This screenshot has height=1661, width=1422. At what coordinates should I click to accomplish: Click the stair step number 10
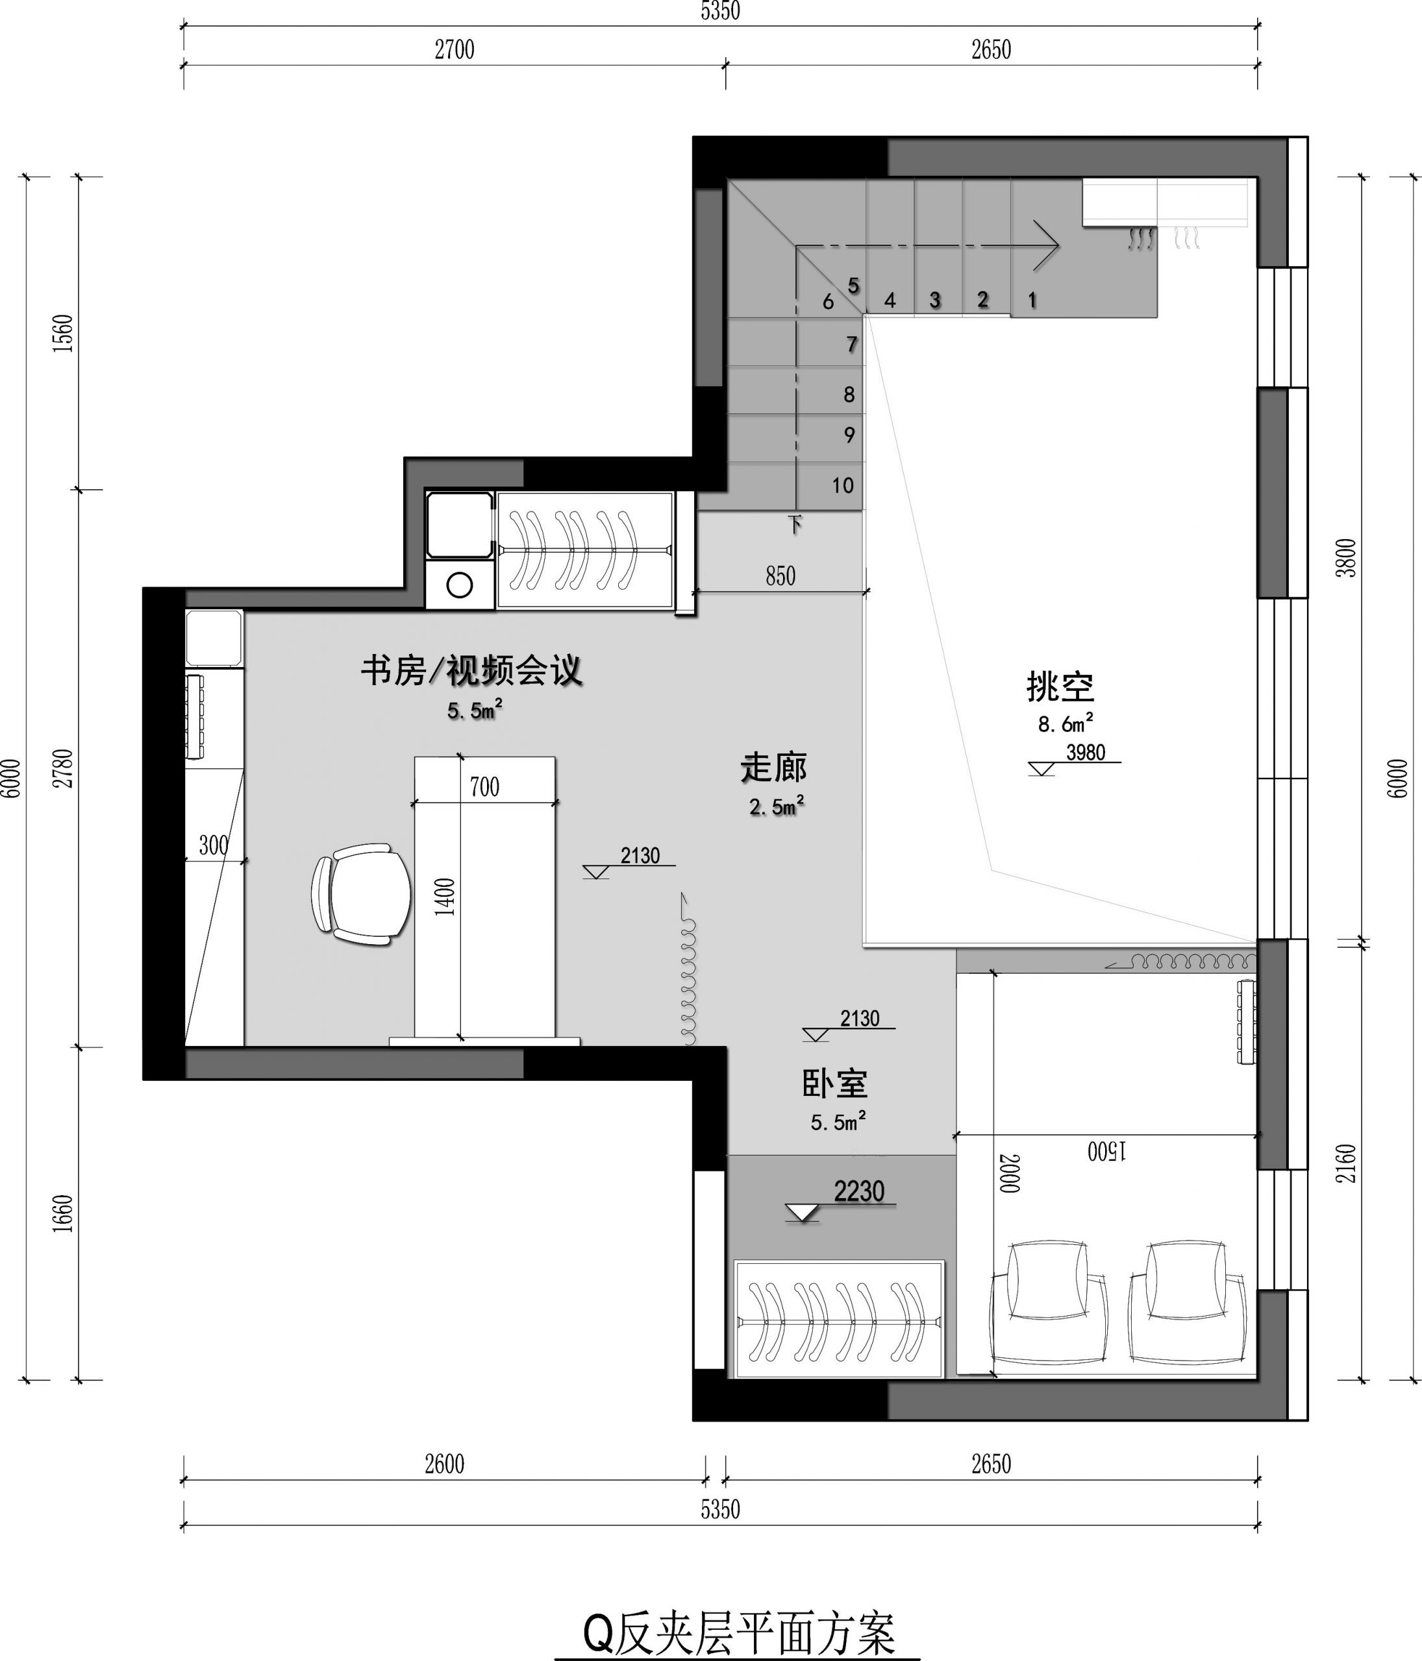(x=842, y=485)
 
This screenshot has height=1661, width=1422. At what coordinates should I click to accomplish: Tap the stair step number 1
(x=1032, y=300)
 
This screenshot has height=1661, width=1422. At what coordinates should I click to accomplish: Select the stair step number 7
(x=852, y=345)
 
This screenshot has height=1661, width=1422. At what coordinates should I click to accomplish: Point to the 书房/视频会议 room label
(x=471, y=671)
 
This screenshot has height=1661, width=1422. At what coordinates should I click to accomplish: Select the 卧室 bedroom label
(x=835, y=1084)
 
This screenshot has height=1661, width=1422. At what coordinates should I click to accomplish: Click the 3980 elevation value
(x=1085, y=752)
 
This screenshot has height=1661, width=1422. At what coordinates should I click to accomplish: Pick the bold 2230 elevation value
(x=859, y=1191)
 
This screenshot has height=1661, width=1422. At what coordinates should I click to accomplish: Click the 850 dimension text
(x=780, y=576)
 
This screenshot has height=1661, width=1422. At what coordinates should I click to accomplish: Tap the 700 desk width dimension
(x=484, y=787)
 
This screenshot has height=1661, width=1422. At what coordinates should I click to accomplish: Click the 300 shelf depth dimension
(x=214, y=845)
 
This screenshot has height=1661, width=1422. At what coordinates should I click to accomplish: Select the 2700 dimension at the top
(x=455, y=50)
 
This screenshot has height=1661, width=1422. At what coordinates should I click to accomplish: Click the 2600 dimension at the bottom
(x=444, y=1464)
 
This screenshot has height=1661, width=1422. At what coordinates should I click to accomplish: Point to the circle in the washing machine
(x=460, y=585)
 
